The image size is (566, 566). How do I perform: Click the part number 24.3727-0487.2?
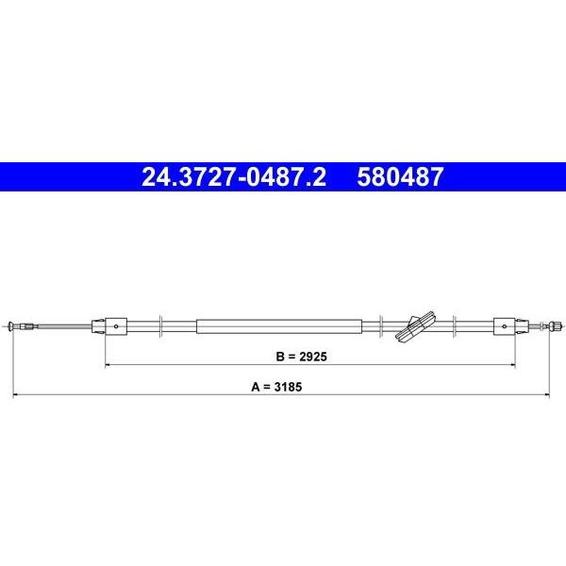234,177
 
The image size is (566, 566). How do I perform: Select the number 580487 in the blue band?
400,177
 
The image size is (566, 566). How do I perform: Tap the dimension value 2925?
313,357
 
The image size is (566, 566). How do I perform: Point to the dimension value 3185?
288,387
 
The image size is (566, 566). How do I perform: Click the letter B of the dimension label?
280,357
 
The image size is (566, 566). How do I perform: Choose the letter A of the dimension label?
256,387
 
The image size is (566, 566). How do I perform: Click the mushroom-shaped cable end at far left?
10,326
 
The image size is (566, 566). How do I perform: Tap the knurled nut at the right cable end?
556,326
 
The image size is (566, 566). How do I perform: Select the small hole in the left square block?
116,326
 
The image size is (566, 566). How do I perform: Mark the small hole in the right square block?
505,326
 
